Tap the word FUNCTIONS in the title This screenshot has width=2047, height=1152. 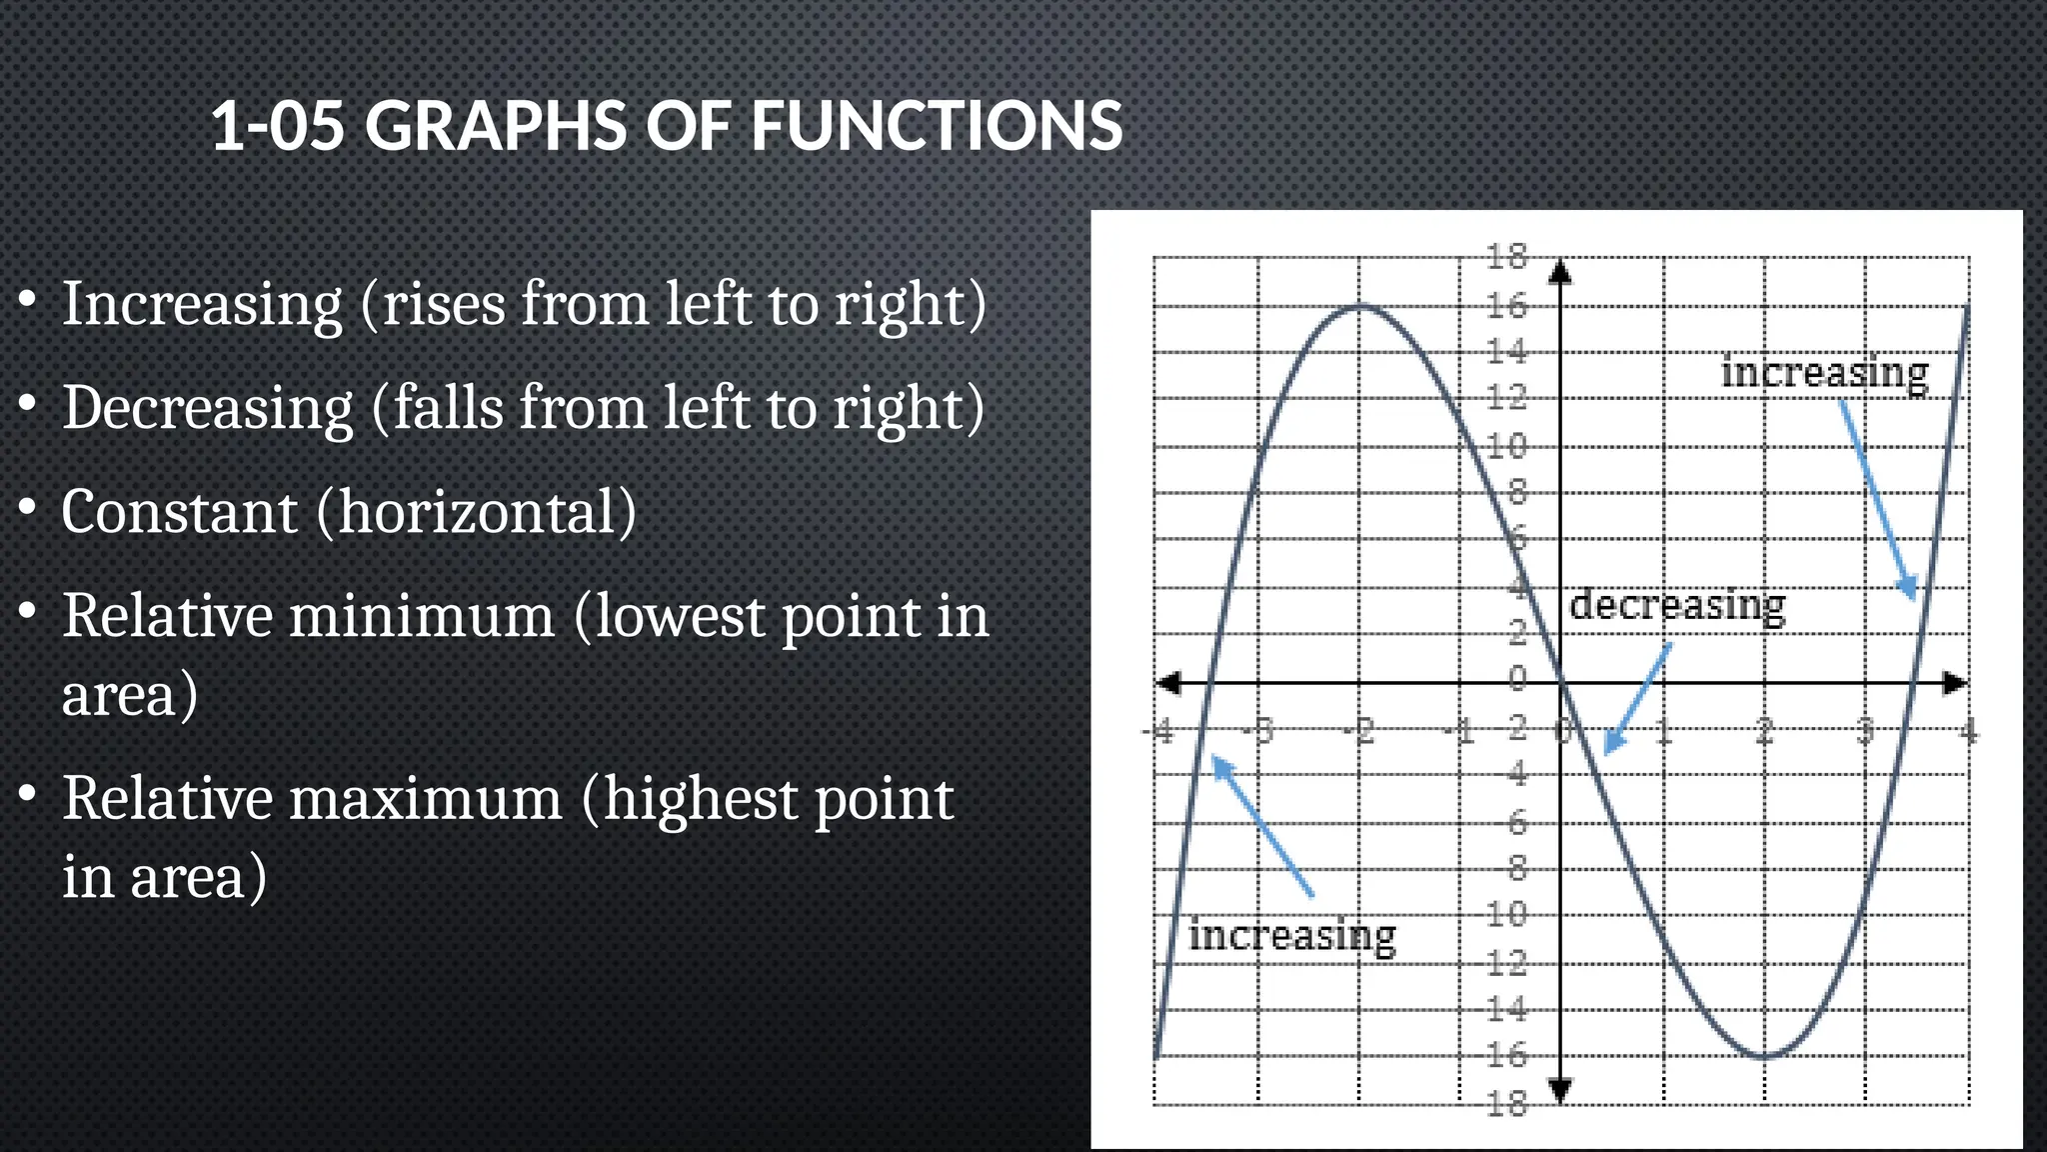(937, 127)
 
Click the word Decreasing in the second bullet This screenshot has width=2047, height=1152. (208, 408)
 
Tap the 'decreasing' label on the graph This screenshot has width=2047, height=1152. (1677, 605)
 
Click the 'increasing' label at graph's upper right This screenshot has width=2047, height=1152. (1824, 373)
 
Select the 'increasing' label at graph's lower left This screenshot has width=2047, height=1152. (1291, 936)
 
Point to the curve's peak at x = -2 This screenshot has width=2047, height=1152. (1359, 306)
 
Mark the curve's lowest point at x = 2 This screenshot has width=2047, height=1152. (1765, 1056)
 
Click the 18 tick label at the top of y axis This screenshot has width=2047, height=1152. (1506, 258)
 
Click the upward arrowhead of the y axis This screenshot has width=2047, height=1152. (1560, 271)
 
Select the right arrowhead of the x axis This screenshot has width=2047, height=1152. (1955, 683)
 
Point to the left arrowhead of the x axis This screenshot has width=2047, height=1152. (1167, 683)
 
